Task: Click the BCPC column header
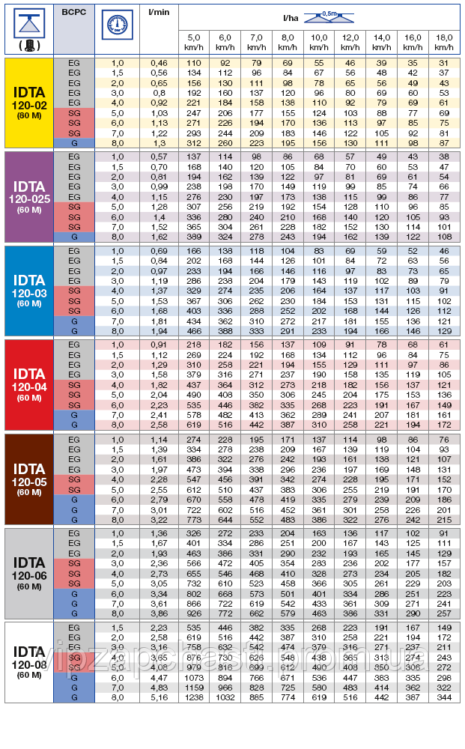pyautogui.click(x=74, y=13)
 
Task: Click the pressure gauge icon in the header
pyautogui.click(x=116, y=22)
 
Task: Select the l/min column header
pyautogui.click(x=158, y=13)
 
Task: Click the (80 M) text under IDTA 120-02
pyautogui.click(x=29, y=117)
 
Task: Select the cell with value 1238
pyautogui.click(x=193, y=697)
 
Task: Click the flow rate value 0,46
pyautogui.click(x=158, y=62)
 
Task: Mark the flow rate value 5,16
pyautogui.click(x=158, y=697)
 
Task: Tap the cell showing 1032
pyautogui.click(x=225, y=697)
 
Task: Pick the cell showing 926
pyautogui.click(x=193, y=612)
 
